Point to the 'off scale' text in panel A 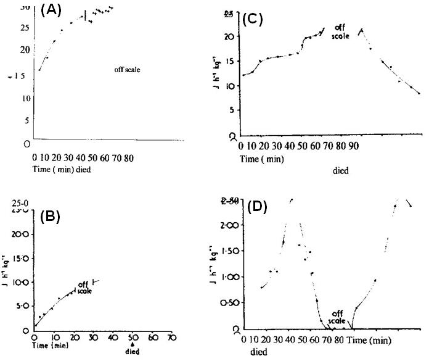tap(127, 70)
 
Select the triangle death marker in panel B tap(132, 344)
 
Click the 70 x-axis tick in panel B tap(172, 337)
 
